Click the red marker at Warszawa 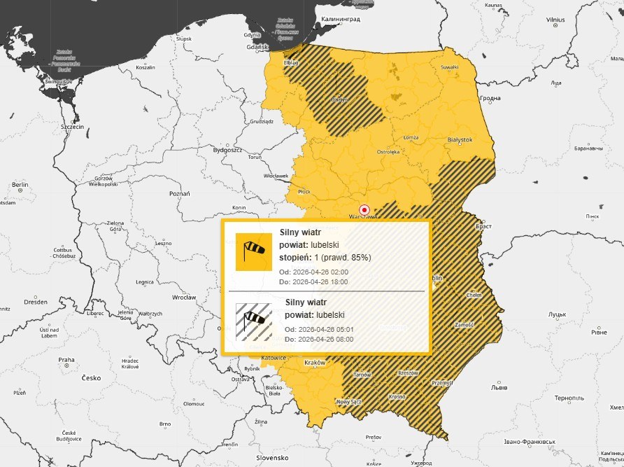tap(364, 209)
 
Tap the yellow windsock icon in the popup tap(253, 251)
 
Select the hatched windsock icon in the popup tap(253, 321)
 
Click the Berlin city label tap(20, 185)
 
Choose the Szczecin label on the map tap(72, 127)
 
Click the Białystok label tap(460, 139)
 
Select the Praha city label tap(66, 360)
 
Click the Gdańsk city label tap(259, 47)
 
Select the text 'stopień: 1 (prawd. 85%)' tap(325, 258)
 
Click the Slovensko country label tap(271, 458)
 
